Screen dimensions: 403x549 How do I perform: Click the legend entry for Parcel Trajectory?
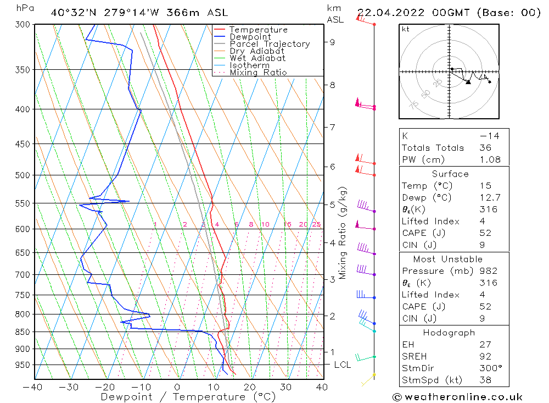pos(270,44)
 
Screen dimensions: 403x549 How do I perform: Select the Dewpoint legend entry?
pos(250,37)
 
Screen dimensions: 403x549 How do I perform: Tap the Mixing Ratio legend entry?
pos(258,73)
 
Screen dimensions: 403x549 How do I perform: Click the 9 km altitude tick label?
pos(332,42)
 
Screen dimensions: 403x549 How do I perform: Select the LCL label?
pos(343,365)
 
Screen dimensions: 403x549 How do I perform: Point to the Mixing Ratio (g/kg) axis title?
pos(343,233)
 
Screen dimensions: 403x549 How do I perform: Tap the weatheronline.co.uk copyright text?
pos(457,397)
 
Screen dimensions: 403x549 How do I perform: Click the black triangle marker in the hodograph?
pos(468,82)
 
